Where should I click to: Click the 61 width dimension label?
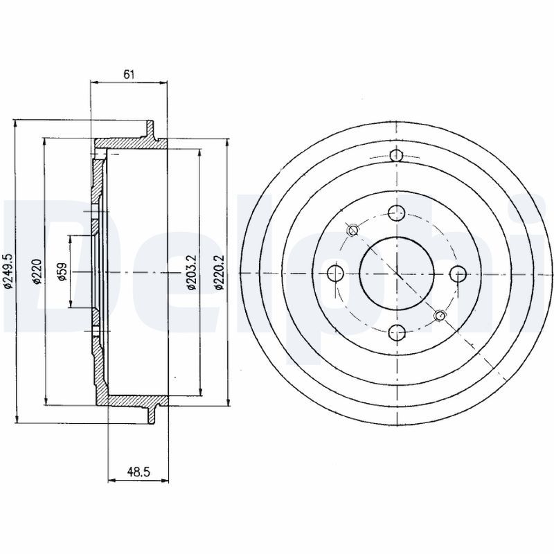[x=129, y=75]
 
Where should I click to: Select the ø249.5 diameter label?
[x=8, y=271]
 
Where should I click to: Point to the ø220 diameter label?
[x=37, y=271]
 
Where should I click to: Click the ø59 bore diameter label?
[x=62, y=271]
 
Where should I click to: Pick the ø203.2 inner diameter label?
[x=192, y=272]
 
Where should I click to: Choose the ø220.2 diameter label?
[x=220, y=272]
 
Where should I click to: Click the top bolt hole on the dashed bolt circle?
[x=396, y=213]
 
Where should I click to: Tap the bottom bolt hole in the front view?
[x=396, y=332]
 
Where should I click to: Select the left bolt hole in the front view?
[x=336, y=273]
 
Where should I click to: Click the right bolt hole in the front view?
[x=458, y=273]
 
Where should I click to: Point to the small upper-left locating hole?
[x=353, y=230]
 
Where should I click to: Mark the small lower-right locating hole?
[x=440, y=315]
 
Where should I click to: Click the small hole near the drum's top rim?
[x=396, y=155]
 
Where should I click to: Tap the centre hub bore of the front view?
[x=396, y=273]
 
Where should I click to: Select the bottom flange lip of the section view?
[x=152, y=414]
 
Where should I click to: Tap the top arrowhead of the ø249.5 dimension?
[x=15, y=124]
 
